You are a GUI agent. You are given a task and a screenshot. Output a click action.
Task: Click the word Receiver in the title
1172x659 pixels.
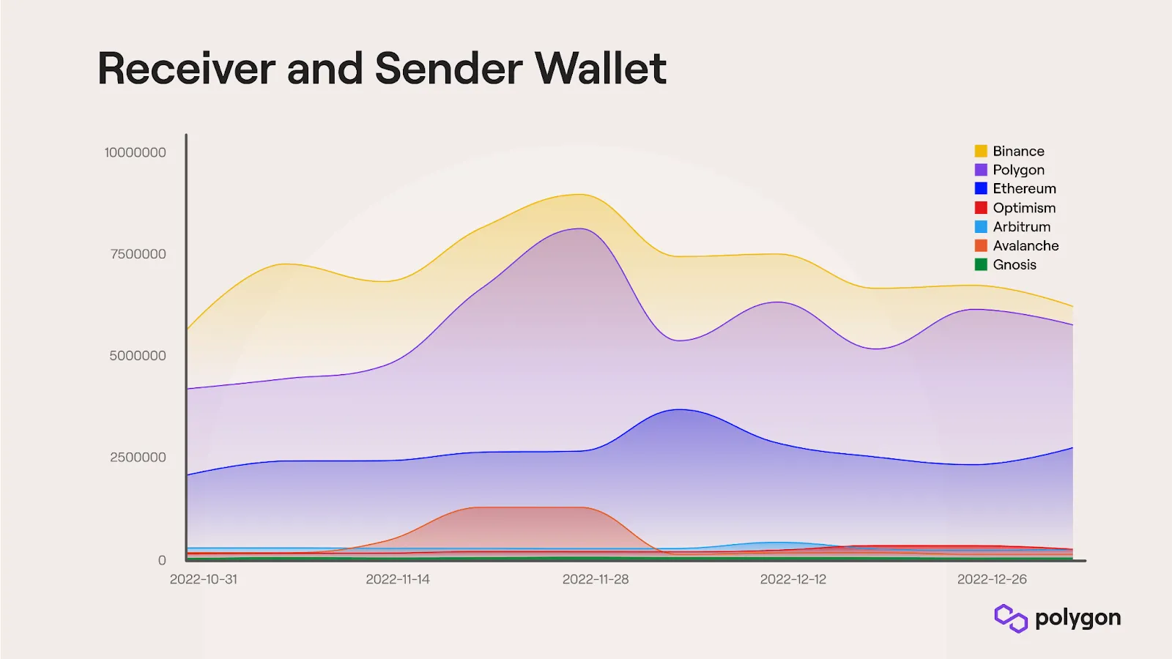(187, 69)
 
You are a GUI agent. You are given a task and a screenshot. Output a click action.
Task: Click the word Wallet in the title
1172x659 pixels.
(600, 69)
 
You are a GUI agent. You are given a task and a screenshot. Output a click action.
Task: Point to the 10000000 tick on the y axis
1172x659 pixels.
(135, 152)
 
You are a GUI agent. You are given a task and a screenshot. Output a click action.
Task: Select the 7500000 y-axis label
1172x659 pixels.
(138, 254)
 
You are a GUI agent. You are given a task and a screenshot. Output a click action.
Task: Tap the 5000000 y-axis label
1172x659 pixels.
(138, 356)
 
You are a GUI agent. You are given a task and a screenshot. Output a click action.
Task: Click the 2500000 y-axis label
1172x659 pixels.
(138, 458)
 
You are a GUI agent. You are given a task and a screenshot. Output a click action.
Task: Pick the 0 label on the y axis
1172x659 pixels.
(162, 560)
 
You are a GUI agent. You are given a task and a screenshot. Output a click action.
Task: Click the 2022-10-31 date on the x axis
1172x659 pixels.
(204, 579)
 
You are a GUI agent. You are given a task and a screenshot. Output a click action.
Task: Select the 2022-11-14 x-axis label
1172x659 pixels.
(398, 579)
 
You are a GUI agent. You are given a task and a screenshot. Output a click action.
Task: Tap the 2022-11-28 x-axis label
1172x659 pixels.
(596, 579)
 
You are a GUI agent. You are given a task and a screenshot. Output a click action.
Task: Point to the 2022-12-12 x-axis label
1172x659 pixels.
(793, 579)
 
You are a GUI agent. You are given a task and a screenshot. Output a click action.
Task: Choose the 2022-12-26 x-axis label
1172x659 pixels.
(992, 579)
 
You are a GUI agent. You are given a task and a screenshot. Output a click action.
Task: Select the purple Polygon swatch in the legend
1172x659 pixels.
(981, 170)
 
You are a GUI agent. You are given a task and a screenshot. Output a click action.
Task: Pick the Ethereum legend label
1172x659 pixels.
(1024, 189)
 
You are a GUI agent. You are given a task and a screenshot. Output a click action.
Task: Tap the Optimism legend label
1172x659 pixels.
(1024, 208)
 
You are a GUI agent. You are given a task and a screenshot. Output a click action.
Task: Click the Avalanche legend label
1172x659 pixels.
(1025, 246)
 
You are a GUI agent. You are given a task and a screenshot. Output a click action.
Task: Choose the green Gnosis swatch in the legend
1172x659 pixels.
(981, 264)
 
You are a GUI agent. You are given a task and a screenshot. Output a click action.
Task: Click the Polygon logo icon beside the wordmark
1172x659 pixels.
(1011, 618)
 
